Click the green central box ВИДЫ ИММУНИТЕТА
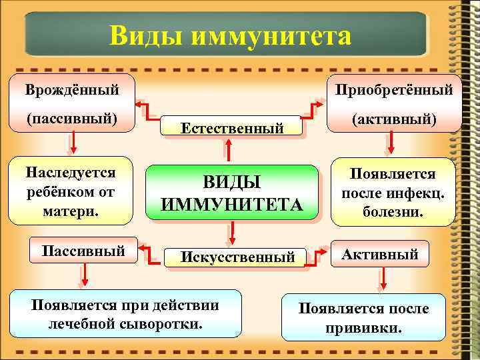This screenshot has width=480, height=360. click(x=231, y=193)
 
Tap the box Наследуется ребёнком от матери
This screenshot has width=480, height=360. click(x=71, y=191)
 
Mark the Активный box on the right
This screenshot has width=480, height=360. click(x=381, y=254)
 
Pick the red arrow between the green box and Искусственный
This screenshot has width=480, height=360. click(x=231, y=231)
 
